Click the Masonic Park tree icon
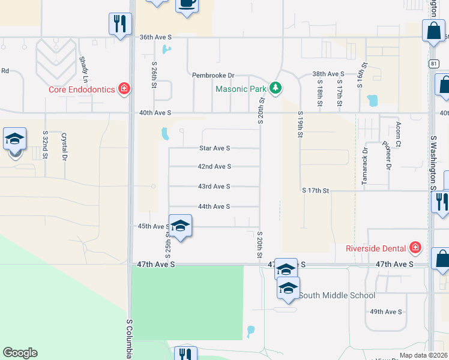(x=276, y=89)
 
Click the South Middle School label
(x=337, y=295)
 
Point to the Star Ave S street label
(x=214, y=148)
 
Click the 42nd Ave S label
(x=214, y=167)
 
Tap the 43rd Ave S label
(x=214, y=187)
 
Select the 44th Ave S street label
(x=214, y=206)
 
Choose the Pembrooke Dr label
(x=212, y=76)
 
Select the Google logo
(x=20, y=353)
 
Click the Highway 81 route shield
(x=433, y=62)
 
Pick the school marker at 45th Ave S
(x=180, y=226)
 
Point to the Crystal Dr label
(x=64, y=146)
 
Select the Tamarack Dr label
(x=364, y=158)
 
